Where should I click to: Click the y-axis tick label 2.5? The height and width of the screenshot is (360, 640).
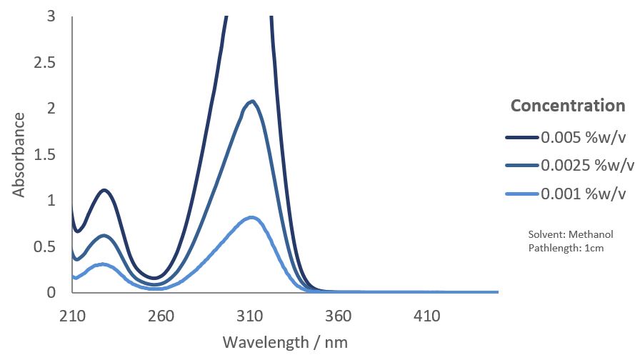click(x=45, y=63)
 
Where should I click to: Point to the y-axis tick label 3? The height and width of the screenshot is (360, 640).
click(x=51, y=16)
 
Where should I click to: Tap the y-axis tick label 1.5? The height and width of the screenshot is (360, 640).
click(x=45, y=155)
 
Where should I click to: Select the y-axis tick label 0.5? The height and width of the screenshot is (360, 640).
click(x=45, y=246)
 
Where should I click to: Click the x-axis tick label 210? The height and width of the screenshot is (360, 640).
click(x=72, y=315)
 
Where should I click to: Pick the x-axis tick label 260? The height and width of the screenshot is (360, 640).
click(x=161, y=315)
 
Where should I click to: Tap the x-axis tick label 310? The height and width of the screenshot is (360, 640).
click(x=250, y=315)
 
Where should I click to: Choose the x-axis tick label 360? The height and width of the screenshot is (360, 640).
click(x=339, y=315)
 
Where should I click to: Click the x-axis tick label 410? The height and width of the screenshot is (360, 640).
click(x=427, y=315)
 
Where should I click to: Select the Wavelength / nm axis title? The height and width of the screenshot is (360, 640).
click(x=285, y=341)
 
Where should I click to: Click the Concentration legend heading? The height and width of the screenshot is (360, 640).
click(x=568, y=106)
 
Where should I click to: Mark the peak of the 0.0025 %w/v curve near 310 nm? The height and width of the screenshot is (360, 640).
click(x=251, y=101)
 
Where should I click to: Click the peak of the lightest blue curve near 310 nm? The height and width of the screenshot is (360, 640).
click(x=251, y=217)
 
